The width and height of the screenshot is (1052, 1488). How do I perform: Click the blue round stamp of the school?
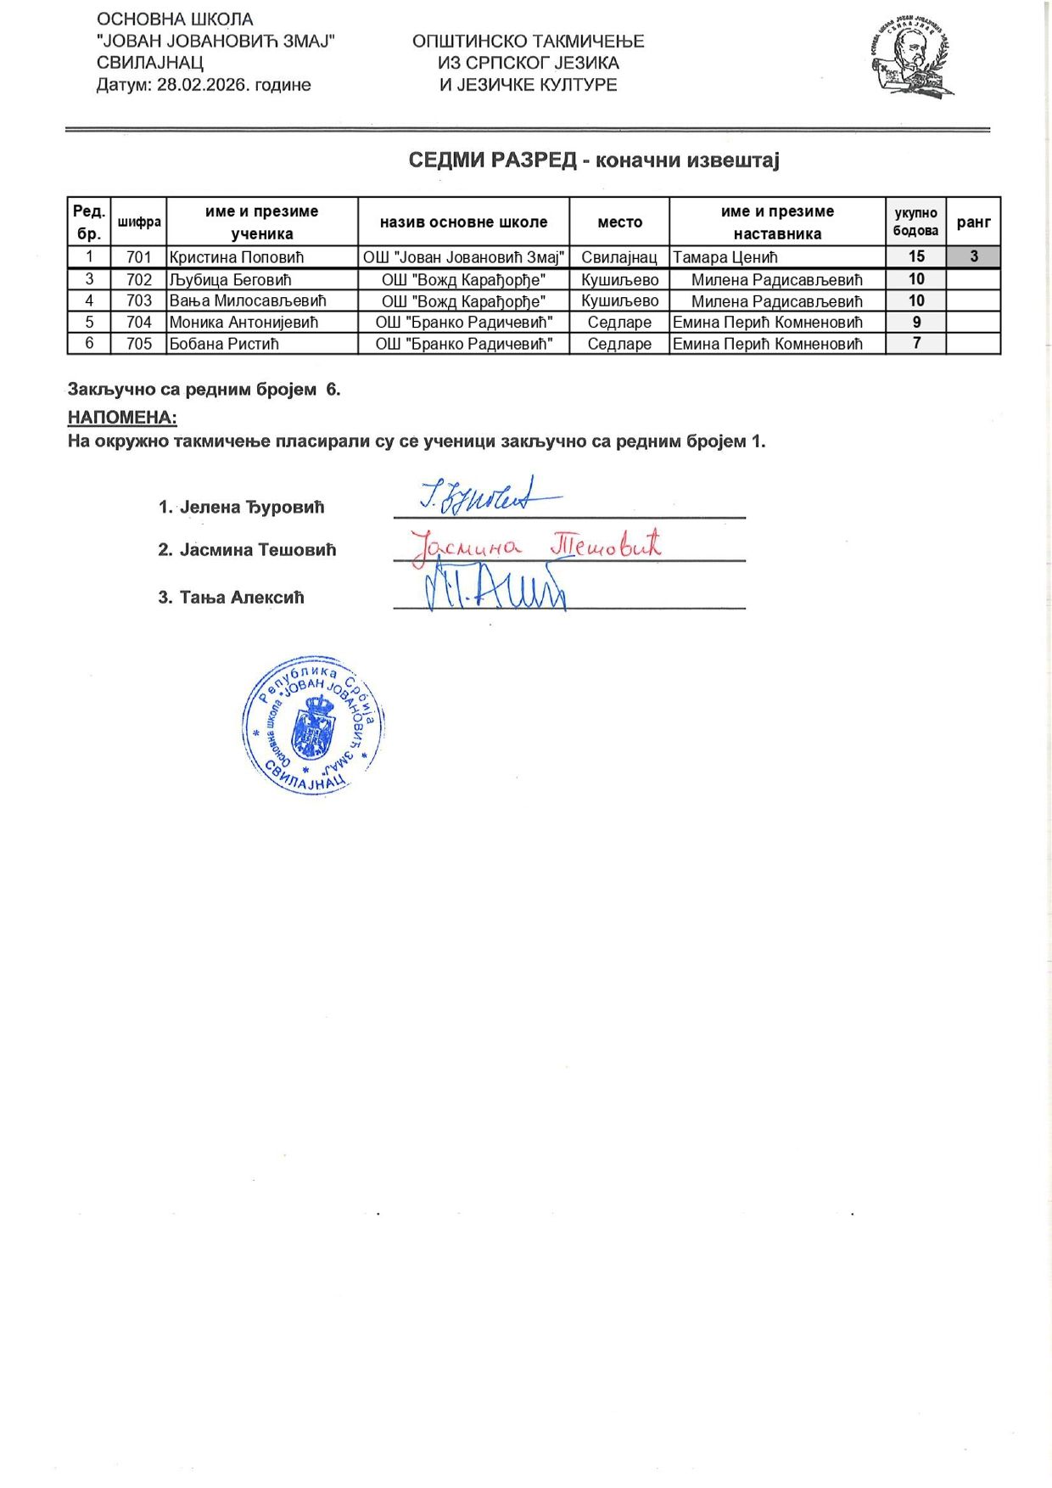point(313,725)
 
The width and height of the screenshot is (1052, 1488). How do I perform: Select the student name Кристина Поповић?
point(237,257)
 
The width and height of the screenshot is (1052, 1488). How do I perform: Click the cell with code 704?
point(138,323)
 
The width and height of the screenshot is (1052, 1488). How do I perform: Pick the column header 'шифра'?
point(139,222)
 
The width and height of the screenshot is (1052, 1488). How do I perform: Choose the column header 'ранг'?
point(973,222)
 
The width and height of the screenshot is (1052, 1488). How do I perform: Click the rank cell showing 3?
point(973,256)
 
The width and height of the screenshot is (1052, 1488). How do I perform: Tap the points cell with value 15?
point(916,256)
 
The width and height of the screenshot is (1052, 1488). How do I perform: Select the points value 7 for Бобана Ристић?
point(916,344)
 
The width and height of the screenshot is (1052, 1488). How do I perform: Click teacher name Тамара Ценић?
point(725,257)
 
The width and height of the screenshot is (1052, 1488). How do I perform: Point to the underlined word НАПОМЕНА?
point(122,418)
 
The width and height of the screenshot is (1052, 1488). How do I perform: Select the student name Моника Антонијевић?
point(243,323)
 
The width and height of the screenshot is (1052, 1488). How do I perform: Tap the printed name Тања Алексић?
point(241,598)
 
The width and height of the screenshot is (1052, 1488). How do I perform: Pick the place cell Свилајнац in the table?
point(619,257)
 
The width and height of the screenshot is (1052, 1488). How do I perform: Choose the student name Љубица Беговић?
point(230,279)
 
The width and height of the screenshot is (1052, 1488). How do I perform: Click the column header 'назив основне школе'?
point(463,222)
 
